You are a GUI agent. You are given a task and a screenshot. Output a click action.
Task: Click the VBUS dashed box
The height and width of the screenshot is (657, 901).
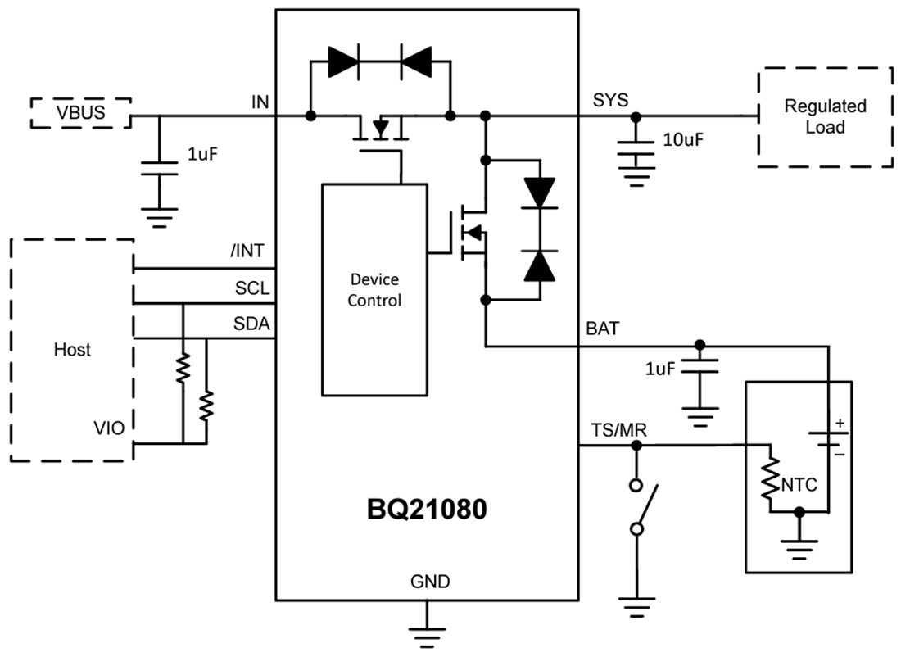point(81,113)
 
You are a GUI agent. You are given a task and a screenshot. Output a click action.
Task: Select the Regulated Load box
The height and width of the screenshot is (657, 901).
point(824,117)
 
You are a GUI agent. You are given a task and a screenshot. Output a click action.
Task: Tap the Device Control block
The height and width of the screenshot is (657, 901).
point(374,289)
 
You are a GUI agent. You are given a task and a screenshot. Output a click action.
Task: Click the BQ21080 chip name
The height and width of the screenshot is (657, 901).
point(426,510)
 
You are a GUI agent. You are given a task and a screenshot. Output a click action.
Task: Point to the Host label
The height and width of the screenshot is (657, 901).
point(72,350)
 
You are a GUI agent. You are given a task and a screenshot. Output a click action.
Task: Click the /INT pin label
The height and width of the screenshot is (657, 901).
point(247,251)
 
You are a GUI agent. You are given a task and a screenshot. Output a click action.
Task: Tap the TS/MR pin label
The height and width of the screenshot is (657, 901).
point(613,430)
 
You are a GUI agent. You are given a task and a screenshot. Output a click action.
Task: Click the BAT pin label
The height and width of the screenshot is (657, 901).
point(603,329)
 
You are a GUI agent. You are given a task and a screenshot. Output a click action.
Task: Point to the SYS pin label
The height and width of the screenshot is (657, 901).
point(610,100)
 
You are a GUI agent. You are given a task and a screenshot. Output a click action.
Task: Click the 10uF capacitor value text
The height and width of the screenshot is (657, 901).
point(683,139)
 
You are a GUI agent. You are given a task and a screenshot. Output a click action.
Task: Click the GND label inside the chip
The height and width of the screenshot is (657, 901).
point(429,582)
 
